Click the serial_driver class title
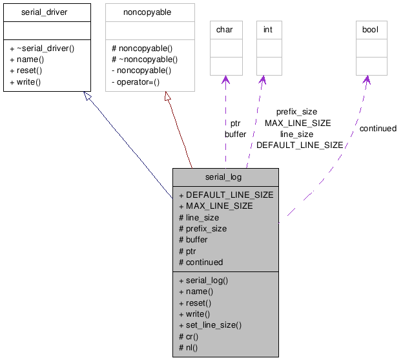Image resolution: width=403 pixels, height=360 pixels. (44, 12)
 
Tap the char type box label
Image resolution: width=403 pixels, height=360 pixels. (224, 30)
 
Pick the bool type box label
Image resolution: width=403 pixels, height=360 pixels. (371, 30)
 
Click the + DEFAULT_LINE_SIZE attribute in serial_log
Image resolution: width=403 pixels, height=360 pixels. (226, 195)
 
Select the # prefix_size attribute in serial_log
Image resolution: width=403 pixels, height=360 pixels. (203, 228)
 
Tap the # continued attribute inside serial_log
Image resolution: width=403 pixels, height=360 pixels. (201, 262)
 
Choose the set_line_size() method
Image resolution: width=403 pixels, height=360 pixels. (210, 324)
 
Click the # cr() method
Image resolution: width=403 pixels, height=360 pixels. (189, 336)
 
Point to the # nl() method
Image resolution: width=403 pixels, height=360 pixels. (188, 347)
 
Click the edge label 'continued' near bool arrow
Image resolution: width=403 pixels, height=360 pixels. (378, 129)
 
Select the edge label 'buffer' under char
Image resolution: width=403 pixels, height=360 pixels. (235, 134)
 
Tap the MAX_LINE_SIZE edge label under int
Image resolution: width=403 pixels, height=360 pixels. (298, 123)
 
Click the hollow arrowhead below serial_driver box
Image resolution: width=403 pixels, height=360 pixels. (87, 96)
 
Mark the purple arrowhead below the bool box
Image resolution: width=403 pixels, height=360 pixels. (366, 80)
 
